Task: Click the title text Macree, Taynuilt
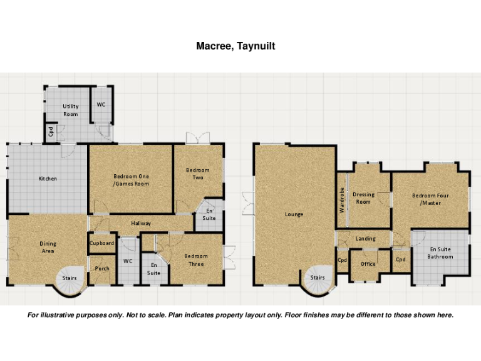(235, 46)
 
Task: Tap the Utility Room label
(71, 110)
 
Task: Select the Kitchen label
(48, 179)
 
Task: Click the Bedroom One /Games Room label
(131, 180)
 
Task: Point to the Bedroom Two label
(198, 174)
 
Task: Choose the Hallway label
(141, 223)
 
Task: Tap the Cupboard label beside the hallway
(101, 243)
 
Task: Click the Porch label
(102, 269)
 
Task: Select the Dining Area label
(48, 248)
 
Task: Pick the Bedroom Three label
(196, 259)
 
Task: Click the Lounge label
(294, 214)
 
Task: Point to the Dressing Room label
(363, 198)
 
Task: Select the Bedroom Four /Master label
(430, 199)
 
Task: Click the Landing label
(365, 239)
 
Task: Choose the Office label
(368, 264)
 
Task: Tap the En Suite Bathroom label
(440, 253)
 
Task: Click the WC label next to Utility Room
(101, 105)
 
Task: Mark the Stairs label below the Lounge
(318, 277)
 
